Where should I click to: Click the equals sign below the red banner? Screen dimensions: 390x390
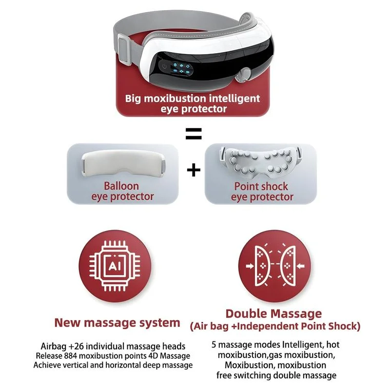point(194,134)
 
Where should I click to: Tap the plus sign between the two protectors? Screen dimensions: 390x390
point(194,170)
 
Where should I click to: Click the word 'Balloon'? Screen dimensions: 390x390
point(121,186)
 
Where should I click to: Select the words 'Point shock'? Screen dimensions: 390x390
point(262,186)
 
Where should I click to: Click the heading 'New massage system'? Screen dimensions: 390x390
point(117,322)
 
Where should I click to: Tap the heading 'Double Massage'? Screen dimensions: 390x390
point(273,313)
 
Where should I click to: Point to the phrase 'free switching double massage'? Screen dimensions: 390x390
point(276,375)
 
